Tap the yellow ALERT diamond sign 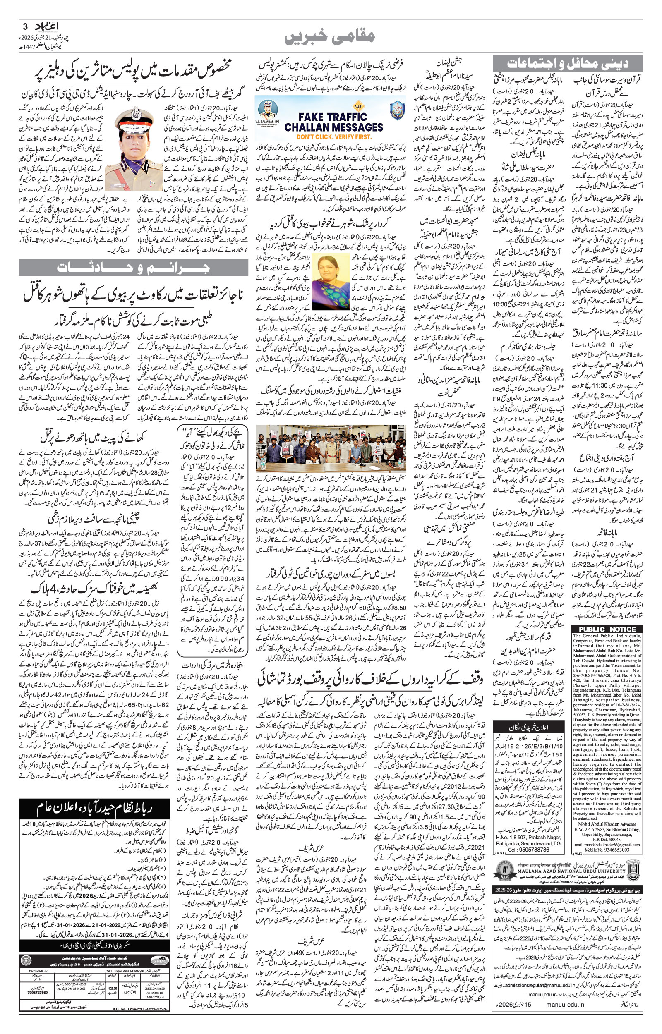click(x=358, y=105)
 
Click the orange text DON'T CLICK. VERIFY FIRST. click(x=333, y=136)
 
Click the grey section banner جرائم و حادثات click(x=133, y=268)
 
